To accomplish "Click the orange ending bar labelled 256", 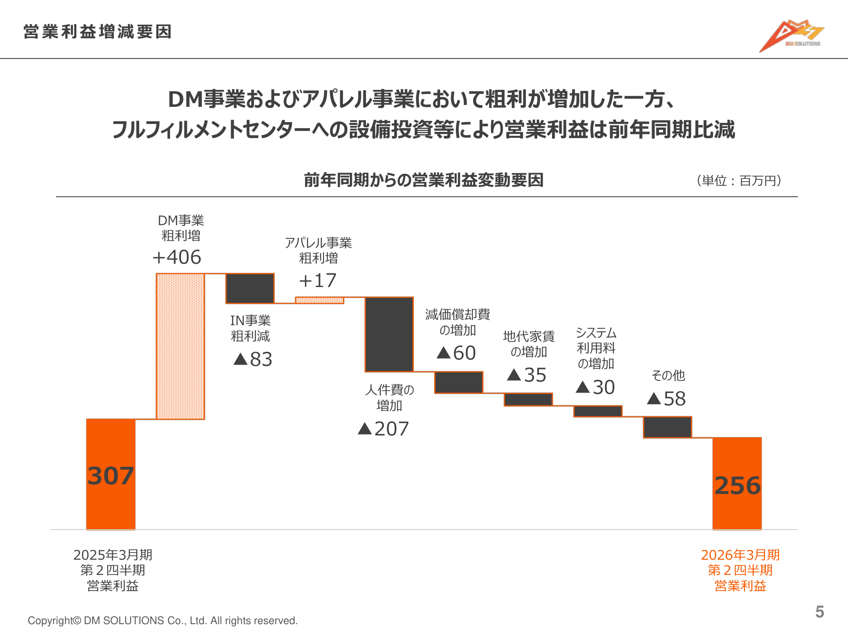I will pyautogui.click(x=737, y=483).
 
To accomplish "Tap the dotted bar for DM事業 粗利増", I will pyautogui.click(x=181, y=346).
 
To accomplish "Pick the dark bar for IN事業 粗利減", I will pyautogui.click(x=250, y=288).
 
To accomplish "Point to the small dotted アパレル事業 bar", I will pyautogui.click(x=319, y=300).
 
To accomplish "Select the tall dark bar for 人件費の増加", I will pyautogui.click(x=389, y=334).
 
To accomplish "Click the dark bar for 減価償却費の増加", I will pyautogui.click(x=459, y=382).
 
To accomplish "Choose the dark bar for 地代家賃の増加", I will pyautogui.click(x=528, y=399).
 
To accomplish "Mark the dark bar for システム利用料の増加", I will pyautogui.click(x=598, y=411).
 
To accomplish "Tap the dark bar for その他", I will pyautogui.click(x=667, y=427).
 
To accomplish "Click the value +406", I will pyautogui.click(x=177, y=257).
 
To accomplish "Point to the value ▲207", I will pyautogui.click(x=383, y=429).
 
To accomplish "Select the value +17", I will pyautogui.click(x=318, y=280).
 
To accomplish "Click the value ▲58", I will pyautogui.click(x=667, y=399).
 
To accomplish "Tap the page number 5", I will pyautogui.click(x=820, y=612).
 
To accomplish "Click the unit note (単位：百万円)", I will pyautogui.click(x=739, y=181).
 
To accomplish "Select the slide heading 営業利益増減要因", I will pyautogui.click(x=98, y=32).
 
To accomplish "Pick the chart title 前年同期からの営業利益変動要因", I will pyautogui.click(x=424, y=180).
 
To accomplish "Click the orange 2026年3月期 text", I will pyautogui.click(x=740, y=555).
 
